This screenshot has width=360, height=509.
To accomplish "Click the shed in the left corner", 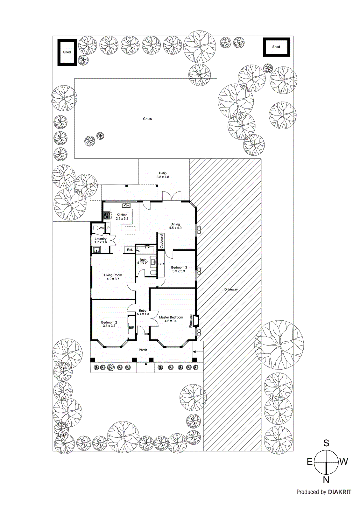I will click(x=67, y=52).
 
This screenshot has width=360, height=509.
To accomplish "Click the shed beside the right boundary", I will click(x=276, y=47).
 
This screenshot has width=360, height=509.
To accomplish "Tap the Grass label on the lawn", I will click(x=147, y=119).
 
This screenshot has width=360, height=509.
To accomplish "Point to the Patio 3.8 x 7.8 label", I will click(x=163, y=175).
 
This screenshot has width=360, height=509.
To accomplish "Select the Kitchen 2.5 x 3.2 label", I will click(x=122, y=217).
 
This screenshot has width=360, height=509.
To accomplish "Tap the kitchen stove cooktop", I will click(x=106, y=215).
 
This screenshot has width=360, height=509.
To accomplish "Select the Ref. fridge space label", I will click(x=130, y=250).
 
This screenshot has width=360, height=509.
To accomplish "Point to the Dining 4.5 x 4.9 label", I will click(x=175, y=226).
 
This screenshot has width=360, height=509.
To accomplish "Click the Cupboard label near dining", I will click(x=161, y=241).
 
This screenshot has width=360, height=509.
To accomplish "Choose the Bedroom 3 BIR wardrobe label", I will click(x=161, y=264).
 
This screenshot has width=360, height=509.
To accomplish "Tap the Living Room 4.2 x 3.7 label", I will click(x=113, y=277).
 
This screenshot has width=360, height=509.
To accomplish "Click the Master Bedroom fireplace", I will click(x=195, y=321).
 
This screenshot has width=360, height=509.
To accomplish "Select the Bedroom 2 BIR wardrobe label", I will click(x=131, y=328).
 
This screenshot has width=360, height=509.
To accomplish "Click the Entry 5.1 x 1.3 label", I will click(x=143, y=312).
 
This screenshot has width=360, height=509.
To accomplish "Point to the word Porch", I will click(x=143, y=350).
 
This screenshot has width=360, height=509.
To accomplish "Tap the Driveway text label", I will click(x=231, y=289).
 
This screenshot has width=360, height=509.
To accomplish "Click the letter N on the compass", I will click(x=326, y=480).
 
